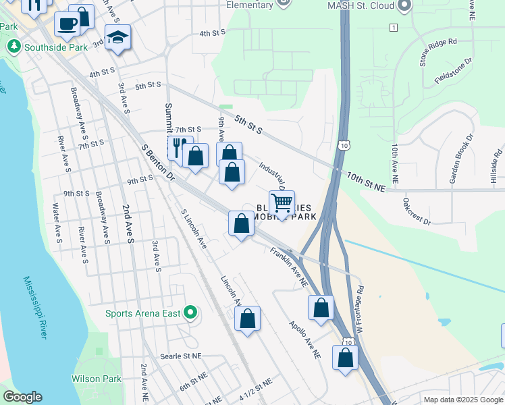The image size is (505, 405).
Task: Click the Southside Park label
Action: click(x=56, y=47)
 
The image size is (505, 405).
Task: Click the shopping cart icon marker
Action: click(x=282, y=202)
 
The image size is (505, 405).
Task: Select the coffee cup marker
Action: click(x=67, y=24)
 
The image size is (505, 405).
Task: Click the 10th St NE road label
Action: click(x=365, y=182)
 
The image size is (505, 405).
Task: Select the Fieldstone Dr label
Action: click(x=453, y=75)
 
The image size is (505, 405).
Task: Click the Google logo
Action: click(x=22, y=397)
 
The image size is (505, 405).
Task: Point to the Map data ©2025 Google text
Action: click(x=462, y=400)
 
